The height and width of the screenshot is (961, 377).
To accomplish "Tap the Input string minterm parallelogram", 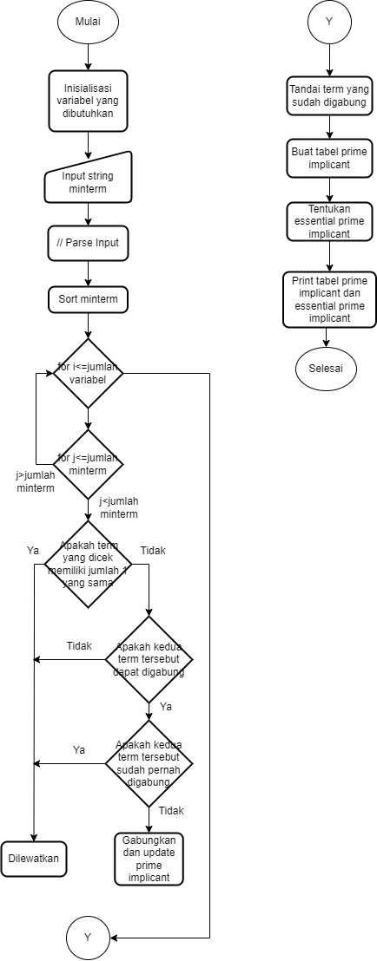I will click(x=88, y=183).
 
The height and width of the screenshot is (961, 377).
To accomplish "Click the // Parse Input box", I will click(x=88, y=243).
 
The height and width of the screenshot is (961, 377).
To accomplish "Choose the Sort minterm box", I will click(x=88, y=300).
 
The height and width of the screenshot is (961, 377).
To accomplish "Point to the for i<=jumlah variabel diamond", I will click(x=88, y=374).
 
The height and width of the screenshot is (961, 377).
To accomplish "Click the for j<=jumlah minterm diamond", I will click(x=88, y=464).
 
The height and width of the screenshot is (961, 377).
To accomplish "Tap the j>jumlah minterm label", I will click(x=36, y=483).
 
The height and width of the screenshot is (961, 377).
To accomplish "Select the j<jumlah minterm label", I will click(x=120, y=507).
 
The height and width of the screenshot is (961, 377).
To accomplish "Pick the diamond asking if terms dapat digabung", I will click(x=149, y=659).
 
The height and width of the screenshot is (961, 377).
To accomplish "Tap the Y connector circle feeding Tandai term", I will click(x=329, y=23).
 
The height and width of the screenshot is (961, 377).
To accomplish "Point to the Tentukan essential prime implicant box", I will click(x=329, y=222).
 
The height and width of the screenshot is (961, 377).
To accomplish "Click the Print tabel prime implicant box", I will click(x=329, y=300).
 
